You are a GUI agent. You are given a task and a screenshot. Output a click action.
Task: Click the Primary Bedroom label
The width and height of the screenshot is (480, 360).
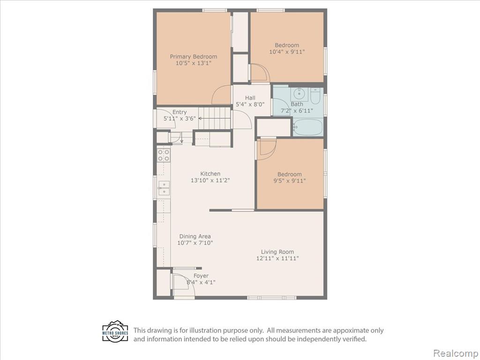click(194, 57)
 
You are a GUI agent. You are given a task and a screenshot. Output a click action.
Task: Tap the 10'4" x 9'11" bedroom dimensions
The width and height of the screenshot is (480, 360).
click(287, 52)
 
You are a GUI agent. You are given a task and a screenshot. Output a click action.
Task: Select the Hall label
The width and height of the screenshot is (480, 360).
click(250, 98)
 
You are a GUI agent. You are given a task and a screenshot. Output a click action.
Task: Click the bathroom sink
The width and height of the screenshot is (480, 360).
click(299, 93)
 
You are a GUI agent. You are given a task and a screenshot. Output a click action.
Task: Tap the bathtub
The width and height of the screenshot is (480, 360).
click(307, 127)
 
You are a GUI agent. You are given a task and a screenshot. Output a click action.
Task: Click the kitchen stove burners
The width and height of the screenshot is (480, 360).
click(164, 155)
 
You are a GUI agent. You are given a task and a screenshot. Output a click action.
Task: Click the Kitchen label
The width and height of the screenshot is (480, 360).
click(210, 173)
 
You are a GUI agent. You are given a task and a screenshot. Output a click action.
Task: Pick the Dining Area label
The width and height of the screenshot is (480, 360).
click(195, 236)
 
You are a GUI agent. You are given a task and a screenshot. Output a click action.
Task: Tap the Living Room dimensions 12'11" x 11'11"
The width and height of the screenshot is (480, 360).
click(277, 258)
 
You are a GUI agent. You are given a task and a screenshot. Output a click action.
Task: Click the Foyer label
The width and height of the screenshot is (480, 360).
click(201, 276)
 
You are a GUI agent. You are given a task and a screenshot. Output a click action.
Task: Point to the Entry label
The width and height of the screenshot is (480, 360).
click(180, 112)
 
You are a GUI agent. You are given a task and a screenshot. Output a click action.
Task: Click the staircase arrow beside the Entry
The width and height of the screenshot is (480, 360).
click(214, 118)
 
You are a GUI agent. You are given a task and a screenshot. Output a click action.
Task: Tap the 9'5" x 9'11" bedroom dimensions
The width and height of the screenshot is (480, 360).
click(290, 181)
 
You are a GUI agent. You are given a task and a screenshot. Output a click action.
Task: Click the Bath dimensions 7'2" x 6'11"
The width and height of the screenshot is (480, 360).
click(297, 111)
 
